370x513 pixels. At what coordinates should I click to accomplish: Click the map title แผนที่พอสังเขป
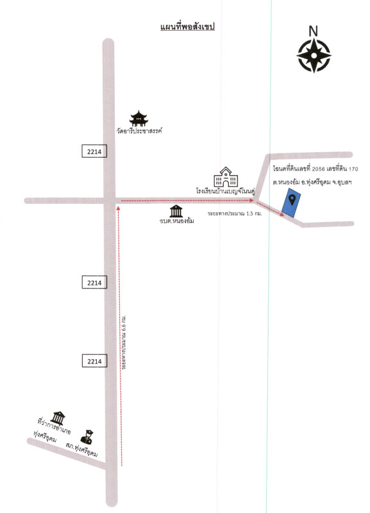coord(187,27)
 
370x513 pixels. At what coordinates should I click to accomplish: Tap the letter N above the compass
coord(313,31)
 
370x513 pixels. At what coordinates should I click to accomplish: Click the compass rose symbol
coord(314,56)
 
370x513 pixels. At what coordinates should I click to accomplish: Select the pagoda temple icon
coord(139,119)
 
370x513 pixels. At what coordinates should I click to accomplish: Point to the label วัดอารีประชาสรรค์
coord(139,131)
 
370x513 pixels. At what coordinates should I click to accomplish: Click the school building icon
coord(226,177)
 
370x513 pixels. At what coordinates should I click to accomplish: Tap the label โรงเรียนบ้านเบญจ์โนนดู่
coord(226,190)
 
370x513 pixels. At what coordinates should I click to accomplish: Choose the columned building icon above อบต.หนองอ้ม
coord(176,211)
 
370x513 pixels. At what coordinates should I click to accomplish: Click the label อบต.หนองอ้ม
coord(176,221)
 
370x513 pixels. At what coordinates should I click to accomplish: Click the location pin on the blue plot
coord(292,199)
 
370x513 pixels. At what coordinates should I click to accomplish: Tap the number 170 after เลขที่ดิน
coord(353,169)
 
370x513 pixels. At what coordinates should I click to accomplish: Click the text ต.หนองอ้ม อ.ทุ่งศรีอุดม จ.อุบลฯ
coord(312,182)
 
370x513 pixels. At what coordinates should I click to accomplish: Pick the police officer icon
coord(87,437)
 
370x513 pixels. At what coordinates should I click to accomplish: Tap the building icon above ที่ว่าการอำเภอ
coord(58,418)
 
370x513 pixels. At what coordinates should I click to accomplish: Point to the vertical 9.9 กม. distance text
coord(124,342)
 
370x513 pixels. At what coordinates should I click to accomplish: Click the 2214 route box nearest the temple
coord(94,151)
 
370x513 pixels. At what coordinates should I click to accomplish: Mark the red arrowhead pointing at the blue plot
coord(282,215)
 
